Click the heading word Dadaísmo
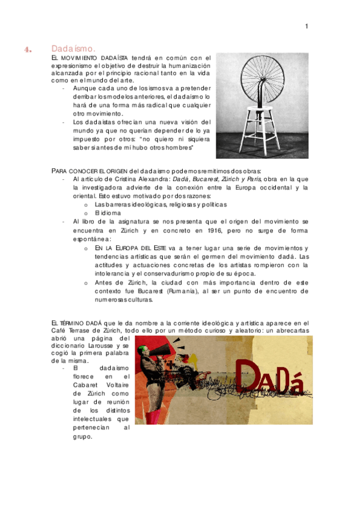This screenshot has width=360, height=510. tap(73, 48)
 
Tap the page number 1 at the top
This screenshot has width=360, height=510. tap(307, 26)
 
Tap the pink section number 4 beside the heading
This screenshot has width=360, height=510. tap(27, 50)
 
